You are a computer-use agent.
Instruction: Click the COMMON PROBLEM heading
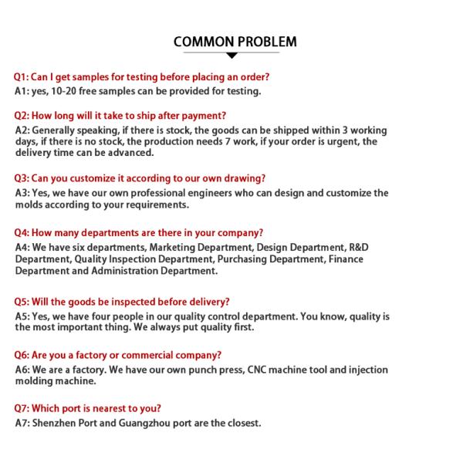coord(235,41)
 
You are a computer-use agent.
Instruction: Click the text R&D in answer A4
coord(359,247)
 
